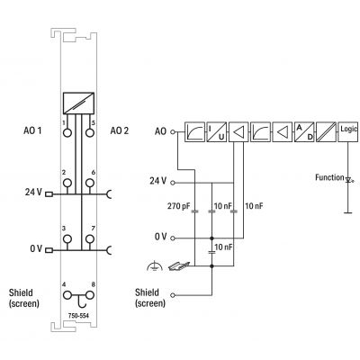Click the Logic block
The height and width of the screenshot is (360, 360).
coord(348,132)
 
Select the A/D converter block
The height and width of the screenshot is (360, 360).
coord(304,132)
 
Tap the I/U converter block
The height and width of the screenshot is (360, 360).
coord(216,132)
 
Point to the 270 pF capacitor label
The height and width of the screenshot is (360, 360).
coord(178,206)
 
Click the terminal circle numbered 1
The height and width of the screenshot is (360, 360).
coord(67,132)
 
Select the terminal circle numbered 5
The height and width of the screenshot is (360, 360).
coord(89,132)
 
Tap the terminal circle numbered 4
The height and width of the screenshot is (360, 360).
coord(67,295)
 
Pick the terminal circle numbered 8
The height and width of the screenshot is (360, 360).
coord(89,295)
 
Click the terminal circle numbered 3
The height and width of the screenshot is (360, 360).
coord(67,239)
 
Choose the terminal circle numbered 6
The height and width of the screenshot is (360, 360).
coord(89,183)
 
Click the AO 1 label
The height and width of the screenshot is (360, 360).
coord(32,130)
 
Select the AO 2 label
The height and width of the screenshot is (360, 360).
coord(120,130)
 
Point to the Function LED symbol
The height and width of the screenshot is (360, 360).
coord(348,180)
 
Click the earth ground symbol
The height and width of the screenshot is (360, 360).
coord(155,265)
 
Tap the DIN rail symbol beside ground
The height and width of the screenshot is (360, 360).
coord(179,265)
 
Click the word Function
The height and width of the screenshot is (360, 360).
coord(329,177)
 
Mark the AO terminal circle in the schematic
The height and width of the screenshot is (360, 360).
coord(173,131)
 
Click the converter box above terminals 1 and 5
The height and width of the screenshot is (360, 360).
coord(78,103)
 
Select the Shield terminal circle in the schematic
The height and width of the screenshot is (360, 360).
coord(173,295)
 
